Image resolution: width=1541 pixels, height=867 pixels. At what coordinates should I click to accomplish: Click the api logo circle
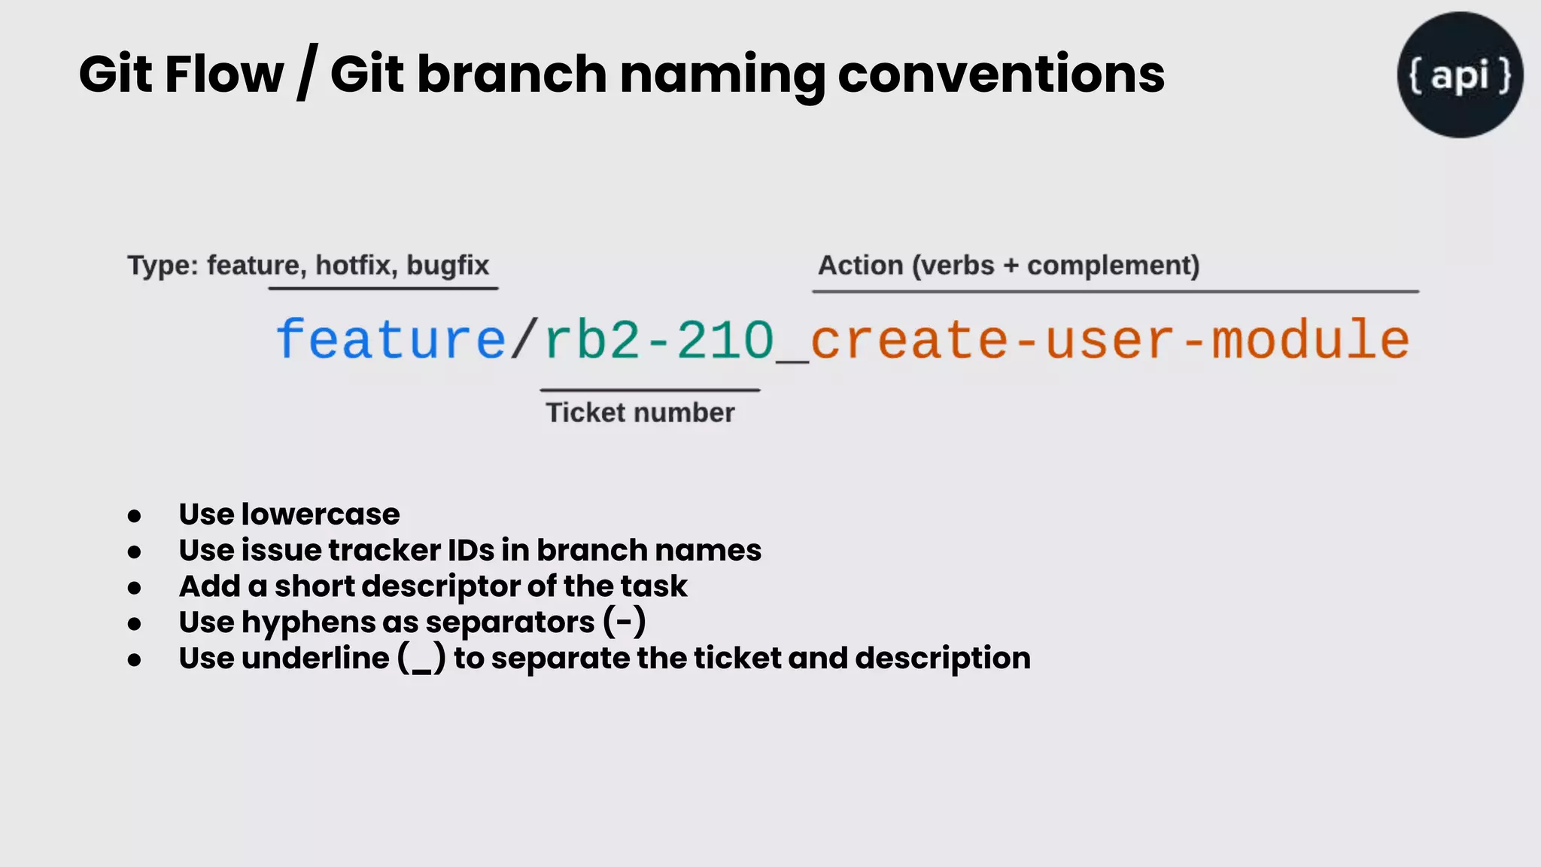[x=1460, y=75]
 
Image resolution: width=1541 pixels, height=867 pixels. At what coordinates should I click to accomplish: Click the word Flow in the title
[x=224, y=75]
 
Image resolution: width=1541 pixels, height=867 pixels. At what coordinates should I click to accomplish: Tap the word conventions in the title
[x=1001, y=75]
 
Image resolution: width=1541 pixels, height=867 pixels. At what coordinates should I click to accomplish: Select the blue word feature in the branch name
[x=391, y=340]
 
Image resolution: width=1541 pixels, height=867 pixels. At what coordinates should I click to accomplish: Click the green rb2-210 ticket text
[x=659, y=340]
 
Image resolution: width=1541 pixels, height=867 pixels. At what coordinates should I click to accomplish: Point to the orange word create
[x=909, y=340]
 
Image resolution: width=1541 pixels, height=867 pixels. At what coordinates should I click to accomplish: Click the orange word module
[x=1309, y=340]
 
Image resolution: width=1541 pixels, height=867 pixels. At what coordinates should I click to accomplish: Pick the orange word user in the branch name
[x=1109, y=340]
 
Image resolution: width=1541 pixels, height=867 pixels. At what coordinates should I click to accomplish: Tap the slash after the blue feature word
[x=524, y=340]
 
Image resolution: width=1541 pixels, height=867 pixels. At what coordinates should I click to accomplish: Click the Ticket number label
[x=640, y=412]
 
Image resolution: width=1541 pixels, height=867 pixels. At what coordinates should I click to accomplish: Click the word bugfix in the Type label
[x=448, y=265]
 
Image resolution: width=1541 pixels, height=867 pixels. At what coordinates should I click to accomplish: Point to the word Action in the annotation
[x=860, y=265]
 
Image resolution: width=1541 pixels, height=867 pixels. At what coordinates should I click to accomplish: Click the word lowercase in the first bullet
[x=321, y=515]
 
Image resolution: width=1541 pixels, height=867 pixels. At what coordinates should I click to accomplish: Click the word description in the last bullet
[x=943, y=659]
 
